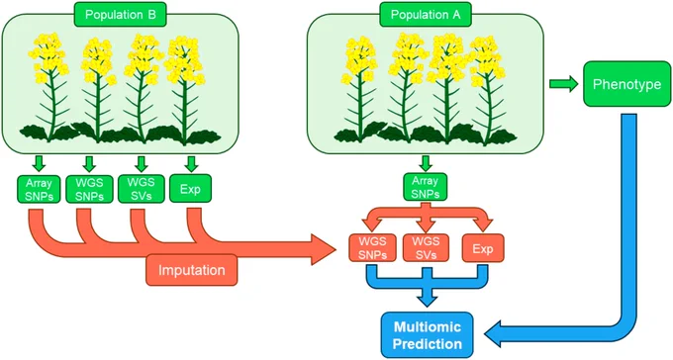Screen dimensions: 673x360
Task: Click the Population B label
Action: pyautogui.click(x=120, y=15)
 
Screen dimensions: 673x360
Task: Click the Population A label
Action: pyautogui.click(x=425, y=15)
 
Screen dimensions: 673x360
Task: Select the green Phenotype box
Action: pyautogui.click(x=626, y=84)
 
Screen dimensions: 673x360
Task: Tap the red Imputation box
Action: pyautogui.click(x=191, y=270)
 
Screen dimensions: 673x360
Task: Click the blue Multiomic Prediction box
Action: pyautogui.click(x=428, y=335)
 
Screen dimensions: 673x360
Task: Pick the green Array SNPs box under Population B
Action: pyautogui.click(x=39, y=189)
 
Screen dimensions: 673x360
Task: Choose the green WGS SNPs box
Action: pyautogui.click(x=89, y=189)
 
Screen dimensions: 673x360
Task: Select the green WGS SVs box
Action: pyautogui.click(x=141, y=189)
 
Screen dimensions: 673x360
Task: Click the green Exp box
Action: pyautogui.click(x=191, y=189)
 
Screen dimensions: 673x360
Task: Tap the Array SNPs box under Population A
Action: pyautogui.click(x=425, y=187)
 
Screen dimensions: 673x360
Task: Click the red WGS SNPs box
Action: pyautogui.click(x=373, y=248)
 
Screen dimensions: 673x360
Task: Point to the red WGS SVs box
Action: pyautogui.click(x=426, y=248)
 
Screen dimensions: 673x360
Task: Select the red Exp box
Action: pyautogui.click(x=483, y=248)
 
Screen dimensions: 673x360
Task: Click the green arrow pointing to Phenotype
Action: pyautogui.click(x=564, y=84)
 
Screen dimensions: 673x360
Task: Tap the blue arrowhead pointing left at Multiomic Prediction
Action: pyautogui.click(x=496, y=335)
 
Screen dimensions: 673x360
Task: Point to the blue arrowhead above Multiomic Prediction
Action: pyautogui.click(x=428, y=299)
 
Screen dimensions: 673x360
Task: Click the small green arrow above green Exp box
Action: pyautogui.click(x=191, y=163)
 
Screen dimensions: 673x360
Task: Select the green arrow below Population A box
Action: pyautogui.click(x=426, y=163)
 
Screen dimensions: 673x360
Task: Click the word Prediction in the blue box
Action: pyautogui.click(x=428, y=344)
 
